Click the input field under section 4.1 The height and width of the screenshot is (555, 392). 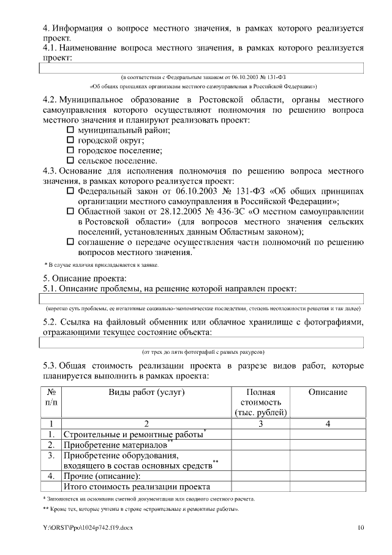click(202, 68)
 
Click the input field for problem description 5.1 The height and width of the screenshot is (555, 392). click(202, 299)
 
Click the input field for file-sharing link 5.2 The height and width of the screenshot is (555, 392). click(202, 342)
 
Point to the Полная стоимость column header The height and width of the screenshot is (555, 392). click(260, 402)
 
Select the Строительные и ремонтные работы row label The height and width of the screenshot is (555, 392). click(134, 434)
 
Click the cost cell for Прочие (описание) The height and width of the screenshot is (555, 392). click(260, 477)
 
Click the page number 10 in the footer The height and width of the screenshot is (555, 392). click(361, 527)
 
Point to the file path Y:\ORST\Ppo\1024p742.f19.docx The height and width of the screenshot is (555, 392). click(88, 527)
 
